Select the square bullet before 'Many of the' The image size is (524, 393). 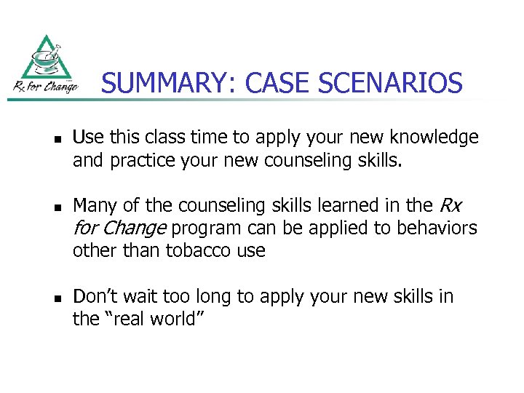[x=55, y=207]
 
